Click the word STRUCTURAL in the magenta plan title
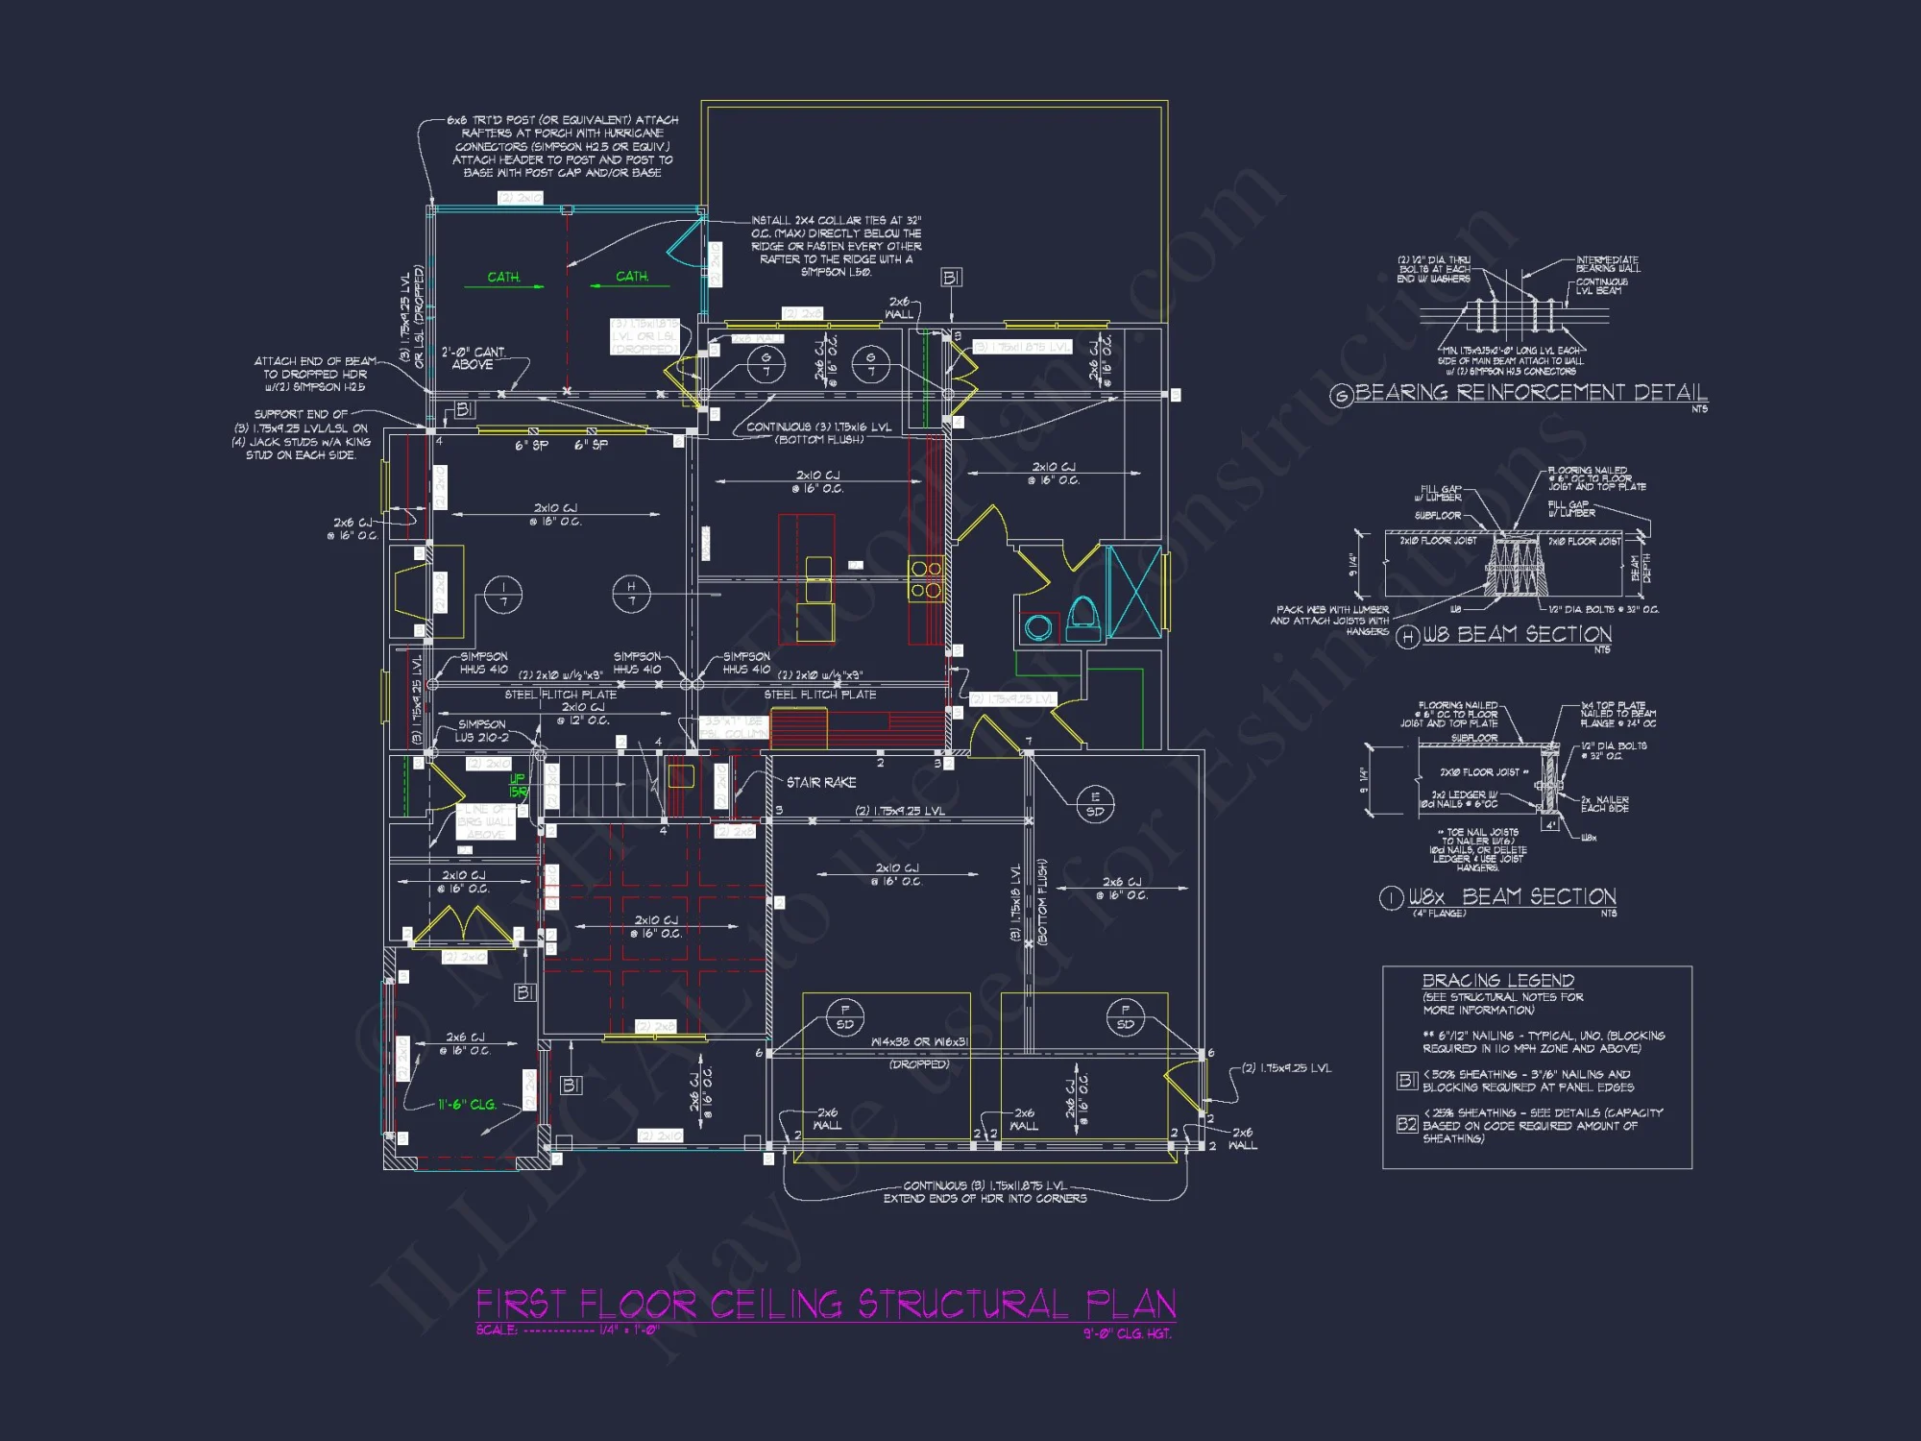coord(962,1305)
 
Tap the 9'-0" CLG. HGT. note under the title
coord(1127,1333)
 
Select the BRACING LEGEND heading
coord(1497,980)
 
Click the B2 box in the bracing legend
coord(1406,1123)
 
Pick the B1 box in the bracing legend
coord(1406,1081)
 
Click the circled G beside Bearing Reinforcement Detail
coord(1341,395)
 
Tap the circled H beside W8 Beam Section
coord(1407,637)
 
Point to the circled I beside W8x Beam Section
coord(1391,898)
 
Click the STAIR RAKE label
coord(821,782)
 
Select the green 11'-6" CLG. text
coord(467,1105)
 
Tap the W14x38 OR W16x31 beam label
coord(919,1041)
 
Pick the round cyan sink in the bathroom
coord(1038,628)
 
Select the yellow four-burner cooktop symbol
coord(926,579)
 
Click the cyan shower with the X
coord(1134,592)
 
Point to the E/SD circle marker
coord(1095,803)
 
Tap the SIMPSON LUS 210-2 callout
coord(482,730)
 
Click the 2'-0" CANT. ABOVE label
coord(473,358)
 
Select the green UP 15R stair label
coord(518,785)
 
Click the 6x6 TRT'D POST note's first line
coord(562,120)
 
